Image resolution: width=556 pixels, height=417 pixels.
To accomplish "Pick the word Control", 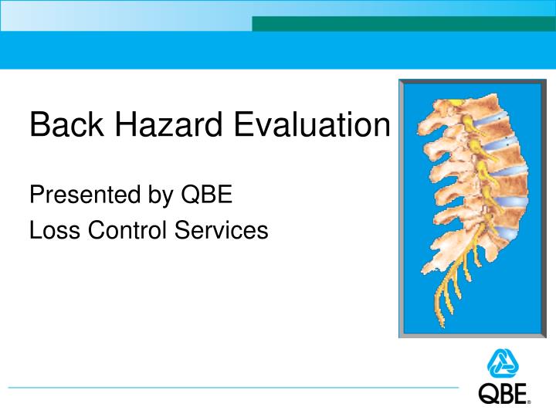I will click(124, 229).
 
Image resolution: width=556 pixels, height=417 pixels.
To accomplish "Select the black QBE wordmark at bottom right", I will click(503, 395).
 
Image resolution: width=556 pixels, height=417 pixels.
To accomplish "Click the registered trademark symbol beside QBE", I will click(529, 402).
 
